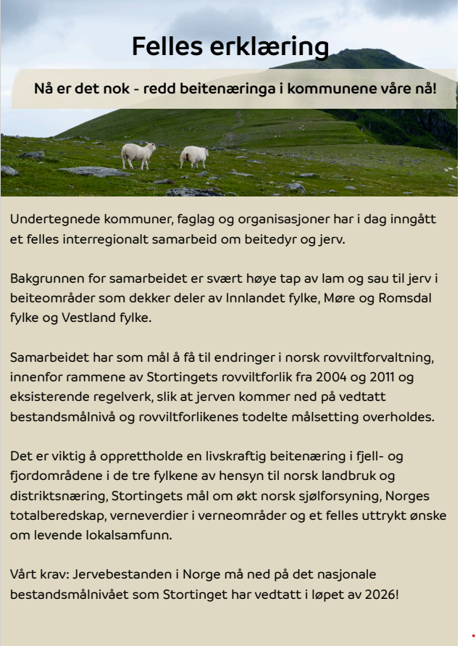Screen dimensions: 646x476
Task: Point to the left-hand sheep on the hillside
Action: click(x=138, y=154)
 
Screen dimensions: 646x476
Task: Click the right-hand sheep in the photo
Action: click(x=194, y=156)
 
